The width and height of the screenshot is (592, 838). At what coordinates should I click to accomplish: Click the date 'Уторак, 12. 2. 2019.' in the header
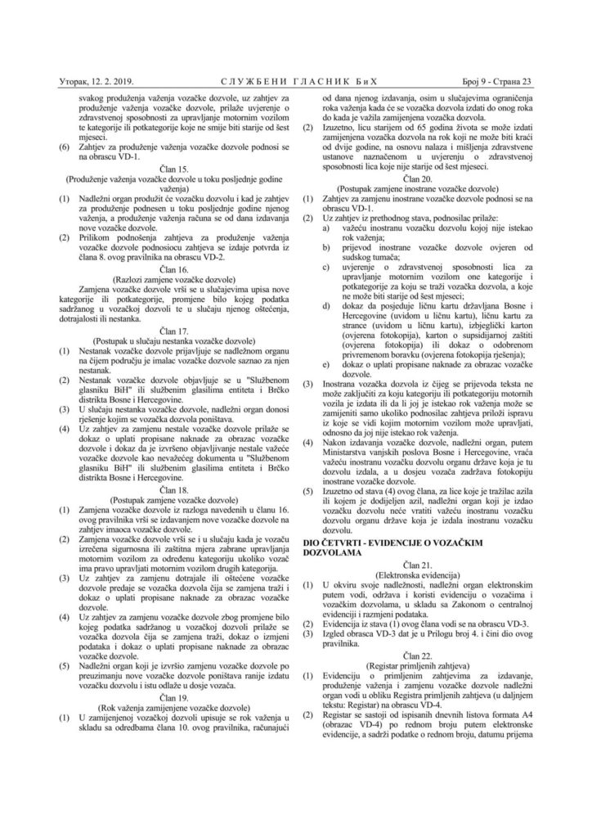(x=97, y=81)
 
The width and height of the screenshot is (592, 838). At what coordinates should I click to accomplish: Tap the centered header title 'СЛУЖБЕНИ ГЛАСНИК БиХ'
(x=296, y=81)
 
